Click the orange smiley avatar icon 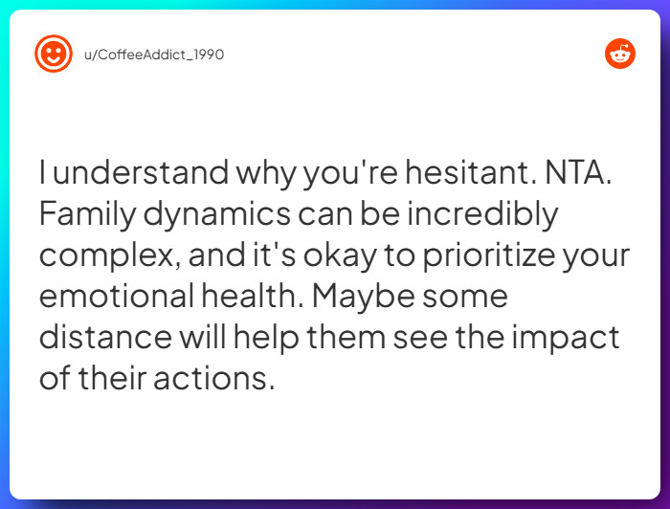[54, 55]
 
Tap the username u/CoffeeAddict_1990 [154, 55]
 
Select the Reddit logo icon [620, 55]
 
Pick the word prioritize [473, 256]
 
